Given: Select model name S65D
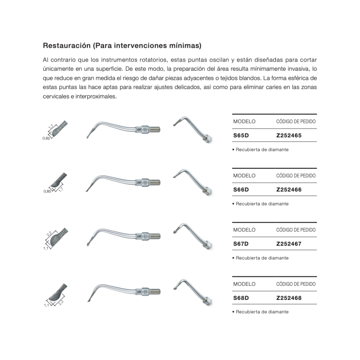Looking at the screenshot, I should pyautogui.click(x=241, y=135).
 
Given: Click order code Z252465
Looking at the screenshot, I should pyautogui.click(x=289, y=135).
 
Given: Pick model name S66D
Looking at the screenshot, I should pyautogui.click(x=241, y=189).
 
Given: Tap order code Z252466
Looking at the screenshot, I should pyautogui.click(x=289, y=189).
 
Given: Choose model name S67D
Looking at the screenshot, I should pyautogui.click(x=241, y=244).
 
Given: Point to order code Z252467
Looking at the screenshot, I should pyautogui.click(x=289, y=244).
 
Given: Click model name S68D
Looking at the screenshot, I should pyautogui.click(x=241, y=298).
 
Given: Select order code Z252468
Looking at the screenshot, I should pyautogui.click(x=289, y=298).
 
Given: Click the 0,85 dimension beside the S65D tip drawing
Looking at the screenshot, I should pyautogui.click(x=46, y=138).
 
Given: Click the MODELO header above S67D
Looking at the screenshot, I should pyautogui.click(x=244, y=230).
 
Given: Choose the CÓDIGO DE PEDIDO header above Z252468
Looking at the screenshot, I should pyautogui.click(x=296, y=284).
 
